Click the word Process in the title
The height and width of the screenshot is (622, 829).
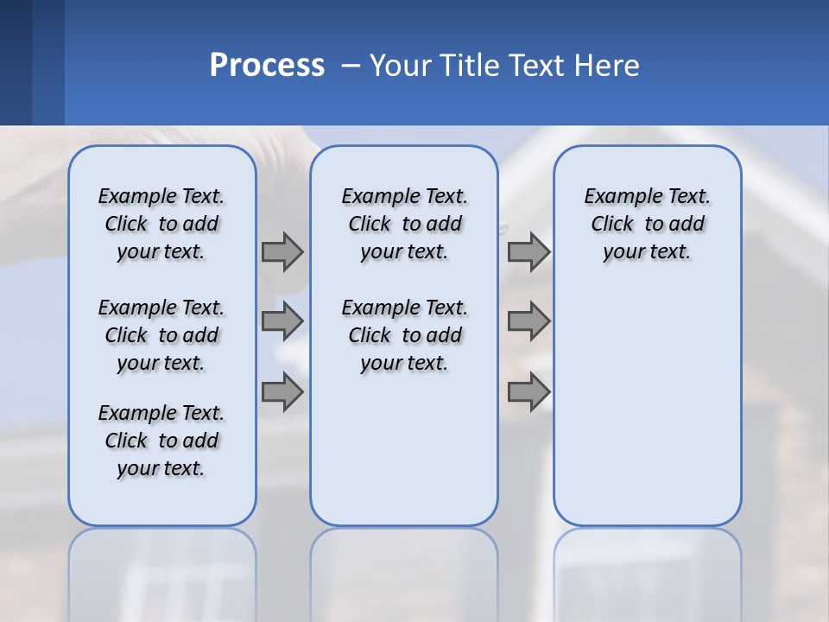pos(267,65)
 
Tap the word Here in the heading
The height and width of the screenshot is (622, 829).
pos(610,65)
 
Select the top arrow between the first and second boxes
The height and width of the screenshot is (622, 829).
pos(282,252)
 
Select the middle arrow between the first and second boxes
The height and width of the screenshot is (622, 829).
pos(282,321)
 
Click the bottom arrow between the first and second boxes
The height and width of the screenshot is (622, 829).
pos(282,392)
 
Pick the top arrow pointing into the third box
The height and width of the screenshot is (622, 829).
pos(528,252)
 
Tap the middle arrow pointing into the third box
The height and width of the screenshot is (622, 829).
pos(528,321)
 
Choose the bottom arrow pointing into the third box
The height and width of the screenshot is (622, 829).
pos(528,392)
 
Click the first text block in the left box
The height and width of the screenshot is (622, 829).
pos(161,224)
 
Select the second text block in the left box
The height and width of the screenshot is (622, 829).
pos(161,335)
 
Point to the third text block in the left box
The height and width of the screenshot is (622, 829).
pos(161,441)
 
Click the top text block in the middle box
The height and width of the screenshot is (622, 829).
pos(404,224)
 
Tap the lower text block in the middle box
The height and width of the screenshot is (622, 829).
pos(404,335)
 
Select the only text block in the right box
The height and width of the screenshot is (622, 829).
pos(647,224)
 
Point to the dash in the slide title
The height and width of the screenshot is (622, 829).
pos(351,66)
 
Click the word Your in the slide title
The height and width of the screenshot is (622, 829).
pos(400,65)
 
